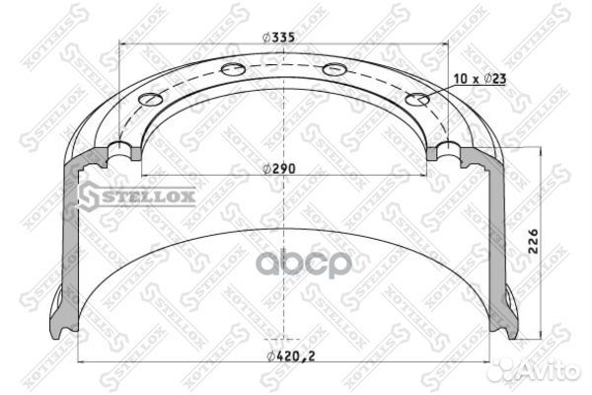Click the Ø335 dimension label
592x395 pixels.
(278, 38)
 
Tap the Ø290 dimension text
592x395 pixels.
(279, 169)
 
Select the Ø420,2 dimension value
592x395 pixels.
(291, 356)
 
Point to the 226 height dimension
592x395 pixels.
(533, 241)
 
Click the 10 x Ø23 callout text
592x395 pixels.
(480, 79)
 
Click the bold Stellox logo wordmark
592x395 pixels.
(148, 197)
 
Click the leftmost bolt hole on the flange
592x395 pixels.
(151, 100)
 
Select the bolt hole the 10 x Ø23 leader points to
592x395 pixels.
(417, 100)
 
